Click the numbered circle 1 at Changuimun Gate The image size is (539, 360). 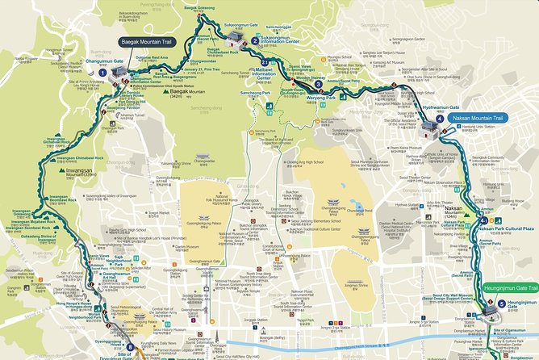coord(102,72)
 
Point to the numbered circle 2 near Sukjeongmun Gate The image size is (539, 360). coord(255,40)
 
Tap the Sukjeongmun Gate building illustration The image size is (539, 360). coord(236,37)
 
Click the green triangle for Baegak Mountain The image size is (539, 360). coord(166,92)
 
